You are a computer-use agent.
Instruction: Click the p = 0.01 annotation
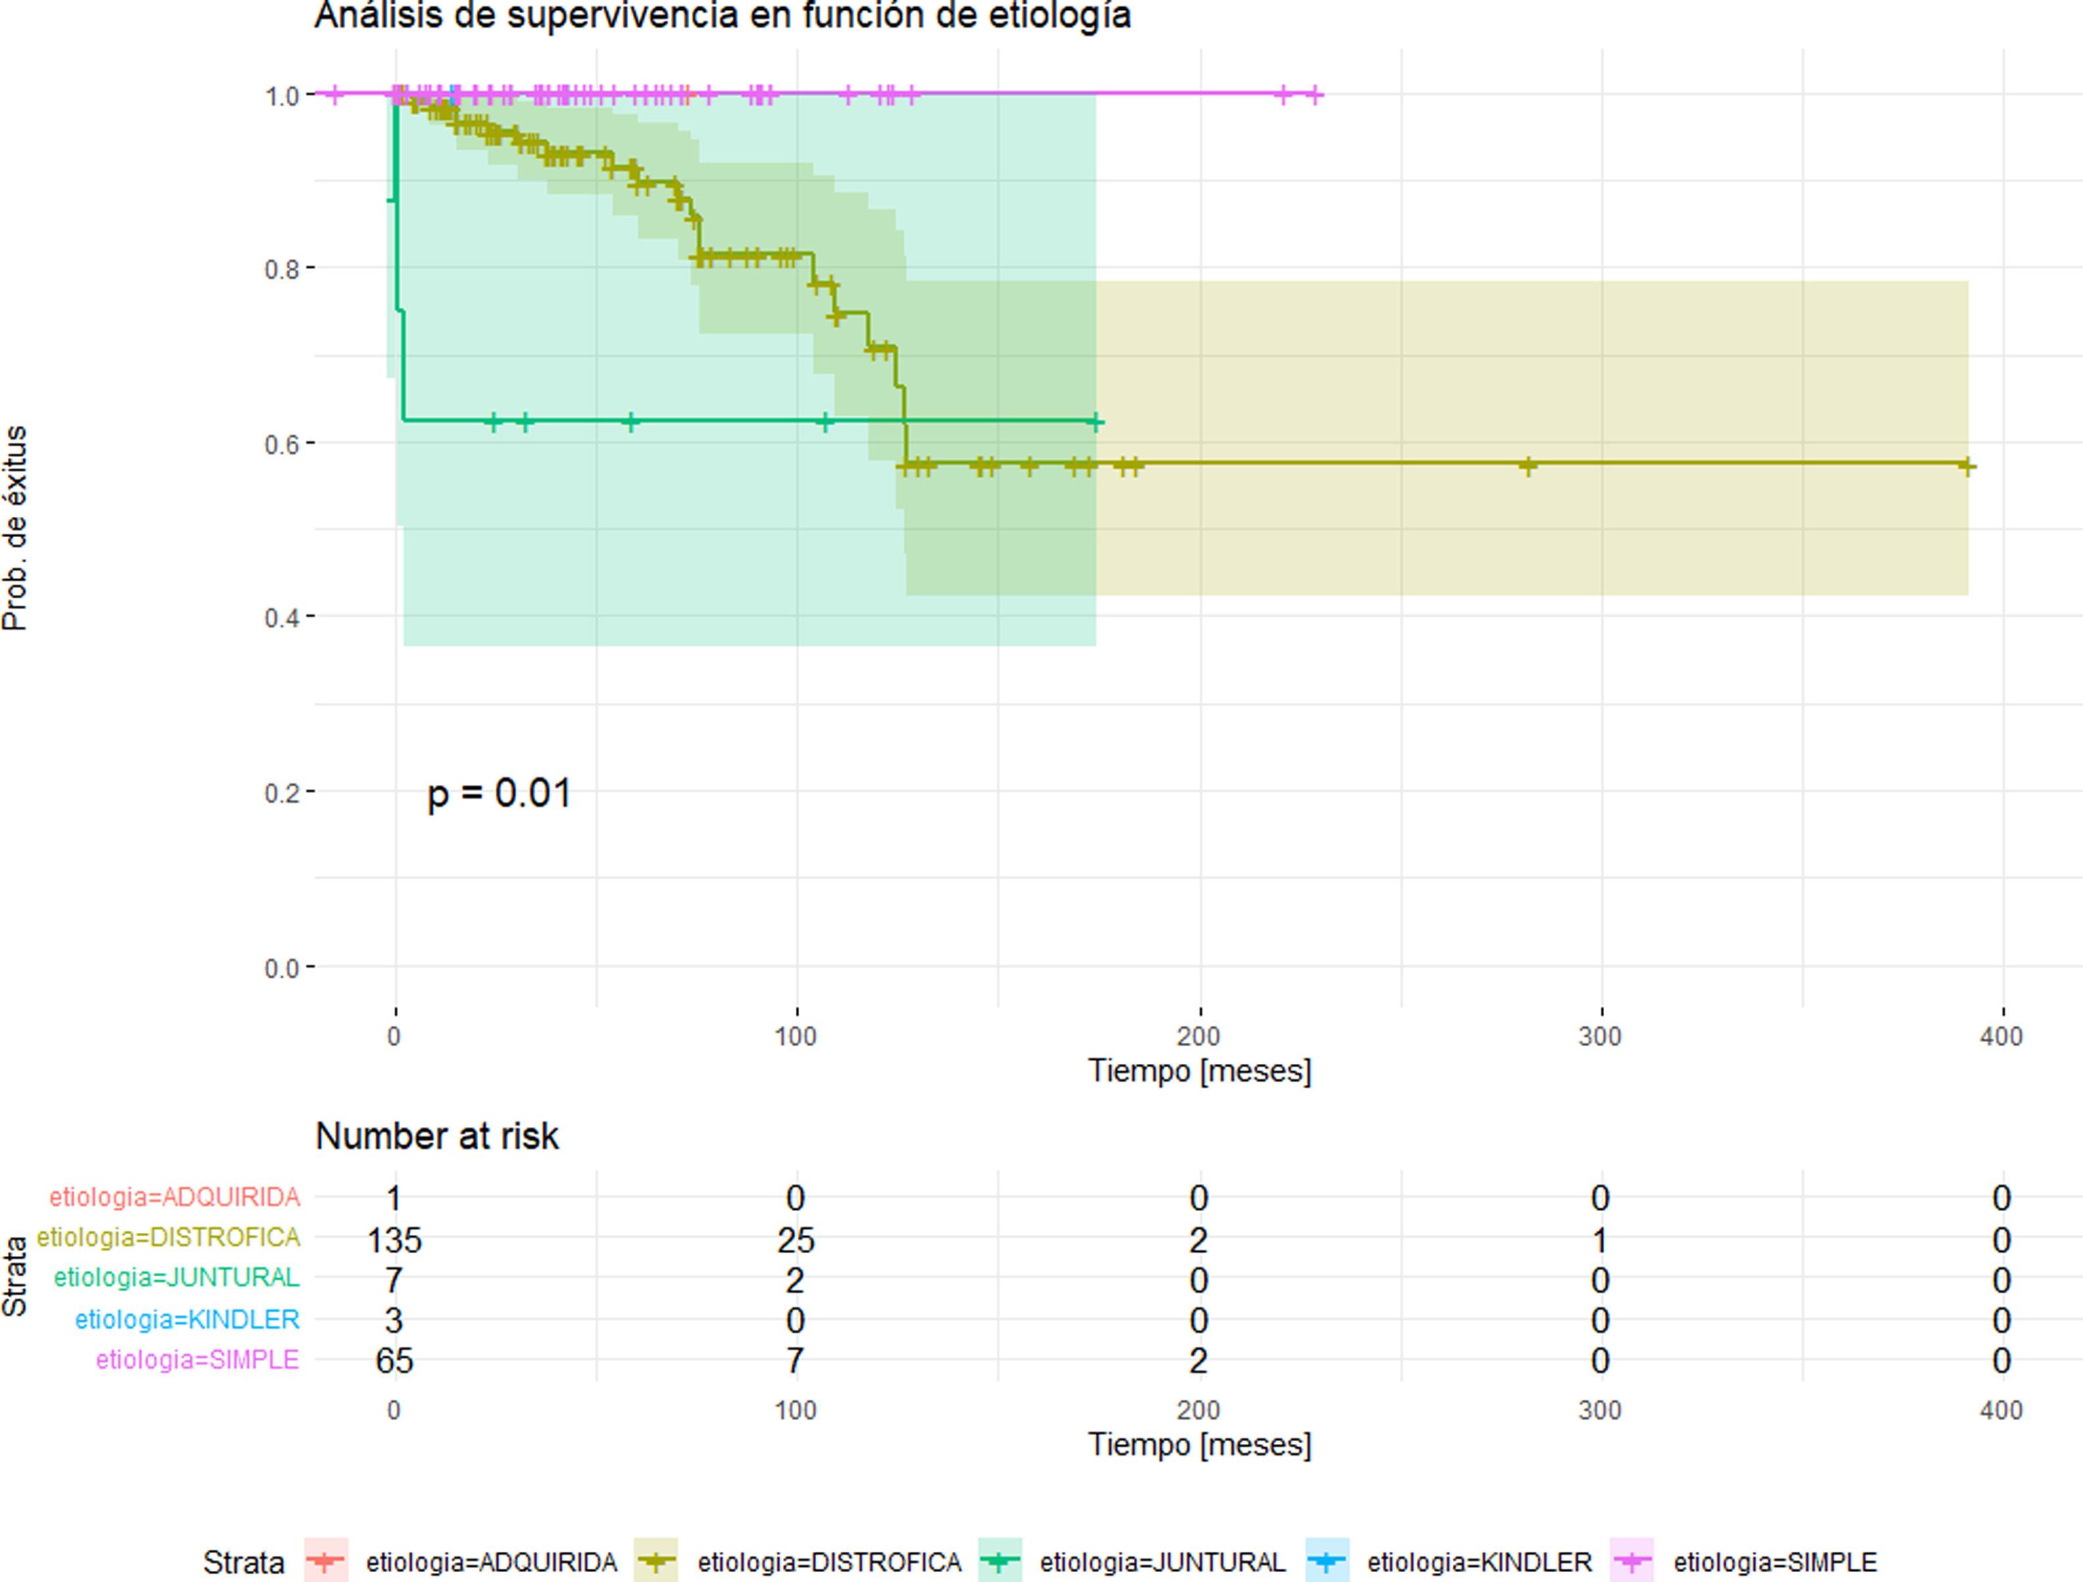[x=499, y=794]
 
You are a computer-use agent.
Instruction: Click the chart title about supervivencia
[x=722, y=16]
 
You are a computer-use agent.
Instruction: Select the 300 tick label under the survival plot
[x=1600, y=1037]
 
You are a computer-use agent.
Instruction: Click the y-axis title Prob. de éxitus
[x=16, y=527]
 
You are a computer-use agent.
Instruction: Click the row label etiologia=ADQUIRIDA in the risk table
[x=175, y=1198]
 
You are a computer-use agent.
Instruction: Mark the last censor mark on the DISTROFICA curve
[x=1966, y=466]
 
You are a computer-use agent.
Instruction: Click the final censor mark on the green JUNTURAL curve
[x=1094, y=423]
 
